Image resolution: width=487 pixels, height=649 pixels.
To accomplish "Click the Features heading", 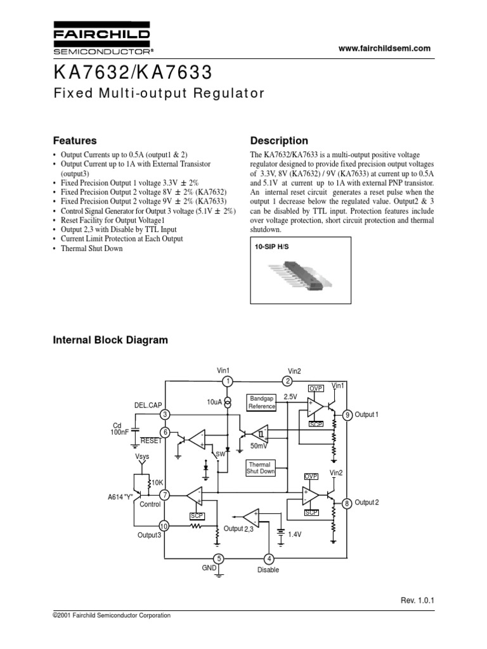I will [x=74, y=141].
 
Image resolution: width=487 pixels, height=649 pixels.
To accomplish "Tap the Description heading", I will [x=279, y=141].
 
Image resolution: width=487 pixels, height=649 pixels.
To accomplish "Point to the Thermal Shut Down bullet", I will [x=92, y=248].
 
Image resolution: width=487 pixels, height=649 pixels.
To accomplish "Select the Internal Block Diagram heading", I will [x=110, y=340].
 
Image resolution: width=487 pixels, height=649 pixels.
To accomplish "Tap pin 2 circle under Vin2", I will [x=287, y=381].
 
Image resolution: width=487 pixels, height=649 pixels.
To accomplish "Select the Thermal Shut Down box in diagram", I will [x=261, y=468].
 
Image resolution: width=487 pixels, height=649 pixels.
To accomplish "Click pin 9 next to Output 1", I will [x=347, y=415].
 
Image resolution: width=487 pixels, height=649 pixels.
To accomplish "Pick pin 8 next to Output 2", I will [x=347, y=503].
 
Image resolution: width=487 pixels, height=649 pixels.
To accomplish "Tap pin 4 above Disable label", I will [x=269, y=558].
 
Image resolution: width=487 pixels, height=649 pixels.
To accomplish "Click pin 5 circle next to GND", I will [x=219, y=558].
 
